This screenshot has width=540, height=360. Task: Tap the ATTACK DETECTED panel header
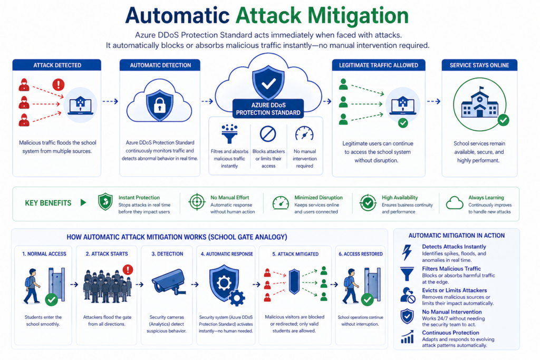[x=57, y=65]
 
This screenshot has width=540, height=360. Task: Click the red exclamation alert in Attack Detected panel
[x=58, y=84]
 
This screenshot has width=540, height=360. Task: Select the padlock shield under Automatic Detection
[x=159, y=105]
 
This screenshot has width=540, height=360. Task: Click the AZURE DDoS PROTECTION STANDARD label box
[x=268, y=109]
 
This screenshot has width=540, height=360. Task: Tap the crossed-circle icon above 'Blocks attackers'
[x=268, y=134]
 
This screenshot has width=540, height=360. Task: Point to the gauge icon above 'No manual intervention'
[x=304, y=133]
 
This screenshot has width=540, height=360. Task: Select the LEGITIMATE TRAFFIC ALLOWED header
[x=379, y=65]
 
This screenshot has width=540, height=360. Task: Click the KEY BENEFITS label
[x=48, y=203]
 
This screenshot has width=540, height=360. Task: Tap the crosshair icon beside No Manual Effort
[x=197, y=202]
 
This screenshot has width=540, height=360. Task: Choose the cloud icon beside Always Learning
[x=455, y=203]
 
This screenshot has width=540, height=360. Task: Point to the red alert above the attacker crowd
[x=128, y=269]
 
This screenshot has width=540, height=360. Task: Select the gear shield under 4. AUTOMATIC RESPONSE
[x=226, y=285]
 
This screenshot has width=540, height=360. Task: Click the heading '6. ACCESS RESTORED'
[x=361, y=254]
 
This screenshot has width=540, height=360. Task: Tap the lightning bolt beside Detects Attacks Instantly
[x=407, y=252]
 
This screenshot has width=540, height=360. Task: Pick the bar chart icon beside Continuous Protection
[x=407, y=337]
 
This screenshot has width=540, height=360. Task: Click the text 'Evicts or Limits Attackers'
[x=454, y=290]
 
